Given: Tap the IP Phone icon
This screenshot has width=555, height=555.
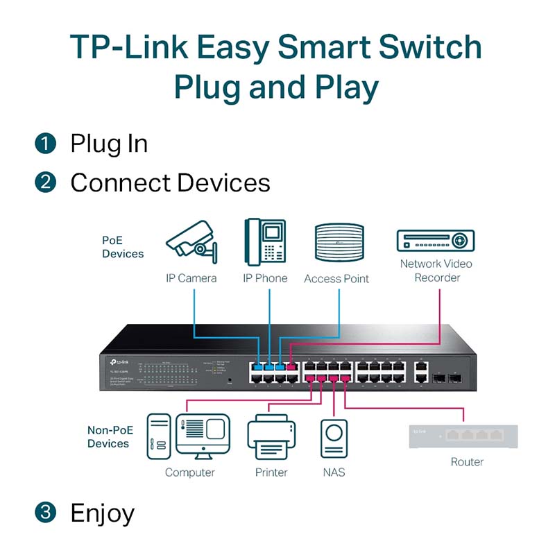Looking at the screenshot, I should (264, 242).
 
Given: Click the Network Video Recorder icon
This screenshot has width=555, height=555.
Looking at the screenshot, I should (435, 241).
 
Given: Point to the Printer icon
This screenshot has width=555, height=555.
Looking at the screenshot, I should (271, 436).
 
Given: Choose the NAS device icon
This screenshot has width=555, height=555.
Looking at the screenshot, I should (334, 438).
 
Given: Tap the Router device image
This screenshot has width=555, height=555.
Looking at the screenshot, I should (463, 435).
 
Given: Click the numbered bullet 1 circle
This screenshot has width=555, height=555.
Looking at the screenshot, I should (45, 144).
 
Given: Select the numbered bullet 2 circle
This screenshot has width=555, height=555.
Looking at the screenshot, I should (45, 182).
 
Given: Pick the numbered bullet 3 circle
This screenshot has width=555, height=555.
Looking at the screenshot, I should (45, 513).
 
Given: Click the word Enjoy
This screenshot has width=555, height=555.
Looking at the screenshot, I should (103, 513).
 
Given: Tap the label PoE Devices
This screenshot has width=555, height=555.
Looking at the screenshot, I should (123, 247).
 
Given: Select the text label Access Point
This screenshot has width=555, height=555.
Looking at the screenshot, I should (336, 279).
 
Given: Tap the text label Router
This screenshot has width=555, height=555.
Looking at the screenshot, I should (467, 462).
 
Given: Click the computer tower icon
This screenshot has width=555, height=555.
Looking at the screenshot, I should (158, 436).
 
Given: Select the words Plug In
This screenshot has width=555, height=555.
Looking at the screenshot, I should (109, 144).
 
